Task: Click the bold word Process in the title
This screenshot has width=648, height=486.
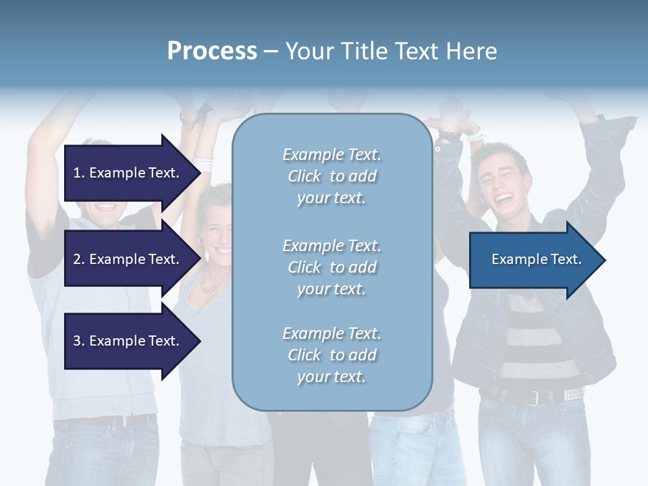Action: (x=212, y=51)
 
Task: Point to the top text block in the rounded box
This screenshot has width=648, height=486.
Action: (x=331, y=176)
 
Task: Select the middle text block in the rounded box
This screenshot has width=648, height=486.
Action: (x=331, y=267)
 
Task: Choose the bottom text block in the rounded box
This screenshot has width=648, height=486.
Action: (x=331, y=355)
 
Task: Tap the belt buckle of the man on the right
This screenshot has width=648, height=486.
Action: (x=534, y=397)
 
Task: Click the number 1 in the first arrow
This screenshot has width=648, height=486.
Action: (x=77, y=173)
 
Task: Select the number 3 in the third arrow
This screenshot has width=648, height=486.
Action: (x=77, y=341)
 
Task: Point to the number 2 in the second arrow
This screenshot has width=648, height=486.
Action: (x=77, y=259)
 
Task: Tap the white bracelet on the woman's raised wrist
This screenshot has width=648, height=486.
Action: (x=203, y=163)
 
